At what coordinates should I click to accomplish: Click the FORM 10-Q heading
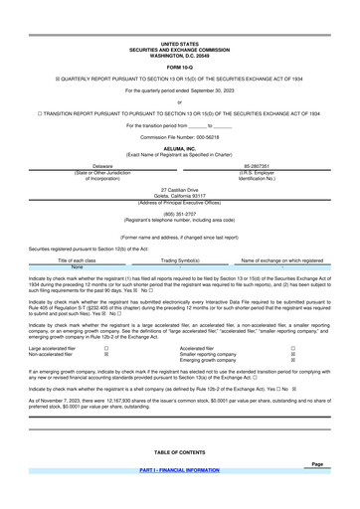[x=180, y=39]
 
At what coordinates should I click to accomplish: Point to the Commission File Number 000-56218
[x=180, y=99]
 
